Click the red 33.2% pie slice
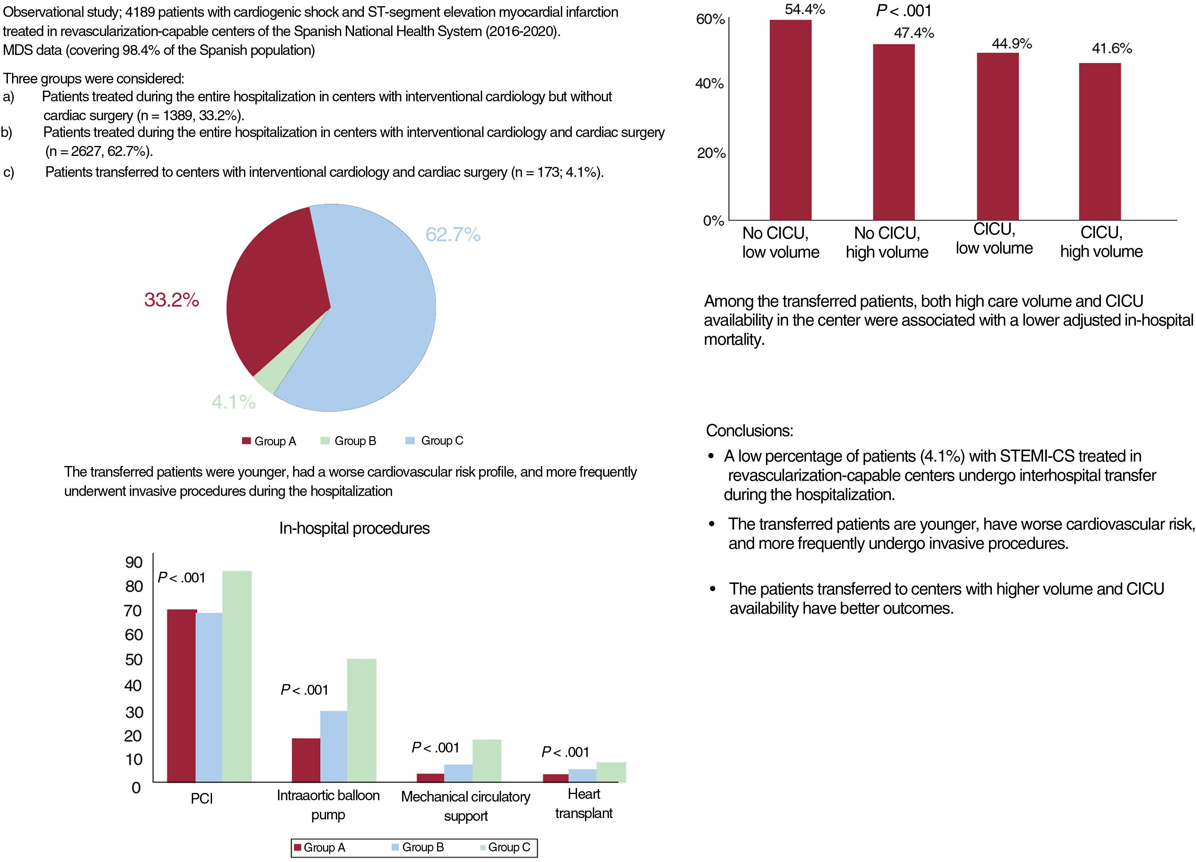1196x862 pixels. pyautogui.click(x=274, y=295)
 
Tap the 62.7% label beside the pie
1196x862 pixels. pyautogui.click(x=453, y=235)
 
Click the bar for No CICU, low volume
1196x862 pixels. pyautogui.click(x=790, y=121)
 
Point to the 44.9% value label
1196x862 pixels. pyautogui.click(x=1011, y=43)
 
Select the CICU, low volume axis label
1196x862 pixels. pyautogui.click(x=994, y=239)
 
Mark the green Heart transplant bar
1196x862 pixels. pyautogui.click(x=611, y=772)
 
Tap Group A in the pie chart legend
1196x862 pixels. pyautogui.click(x=275, y=441)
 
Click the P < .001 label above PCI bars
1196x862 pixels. pyautogui.click(x=181, y=578)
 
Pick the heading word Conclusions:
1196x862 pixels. pyautogui.click(x=749, y=430)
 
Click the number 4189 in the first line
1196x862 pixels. pyautogui.click(x=140, y=12)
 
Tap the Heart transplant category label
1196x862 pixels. pyautogui.click(x=584, y=804)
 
